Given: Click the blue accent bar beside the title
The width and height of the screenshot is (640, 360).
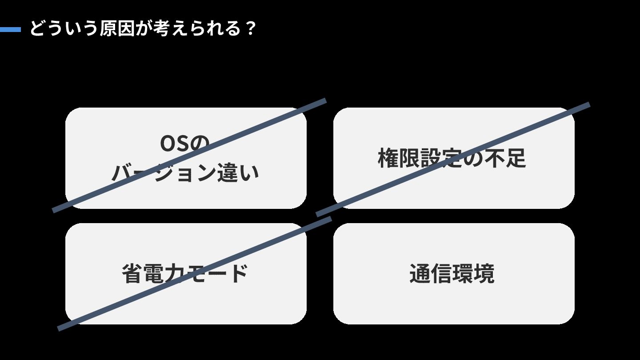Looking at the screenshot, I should (10, 30).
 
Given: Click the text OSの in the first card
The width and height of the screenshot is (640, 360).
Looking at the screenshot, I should (184, 143).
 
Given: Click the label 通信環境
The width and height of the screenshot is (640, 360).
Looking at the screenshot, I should (452, 273).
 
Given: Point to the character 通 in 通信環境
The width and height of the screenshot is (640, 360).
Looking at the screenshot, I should (420, 273).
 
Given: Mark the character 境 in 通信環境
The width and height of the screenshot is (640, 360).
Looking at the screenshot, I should (484, 273).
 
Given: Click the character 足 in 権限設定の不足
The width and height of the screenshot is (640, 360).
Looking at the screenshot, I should (516, 158).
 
